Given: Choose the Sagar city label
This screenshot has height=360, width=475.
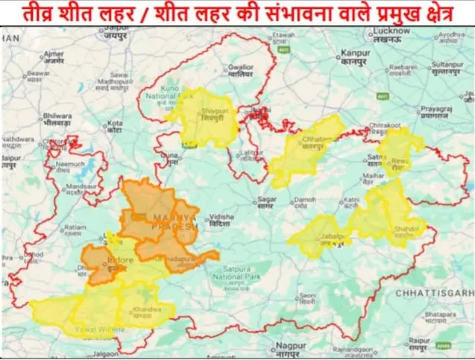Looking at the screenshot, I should point(267,200).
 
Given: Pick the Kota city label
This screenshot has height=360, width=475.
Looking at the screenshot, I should point(115,125).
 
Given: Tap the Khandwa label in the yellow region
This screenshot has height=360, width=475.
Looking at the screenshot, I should point(145,310).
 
